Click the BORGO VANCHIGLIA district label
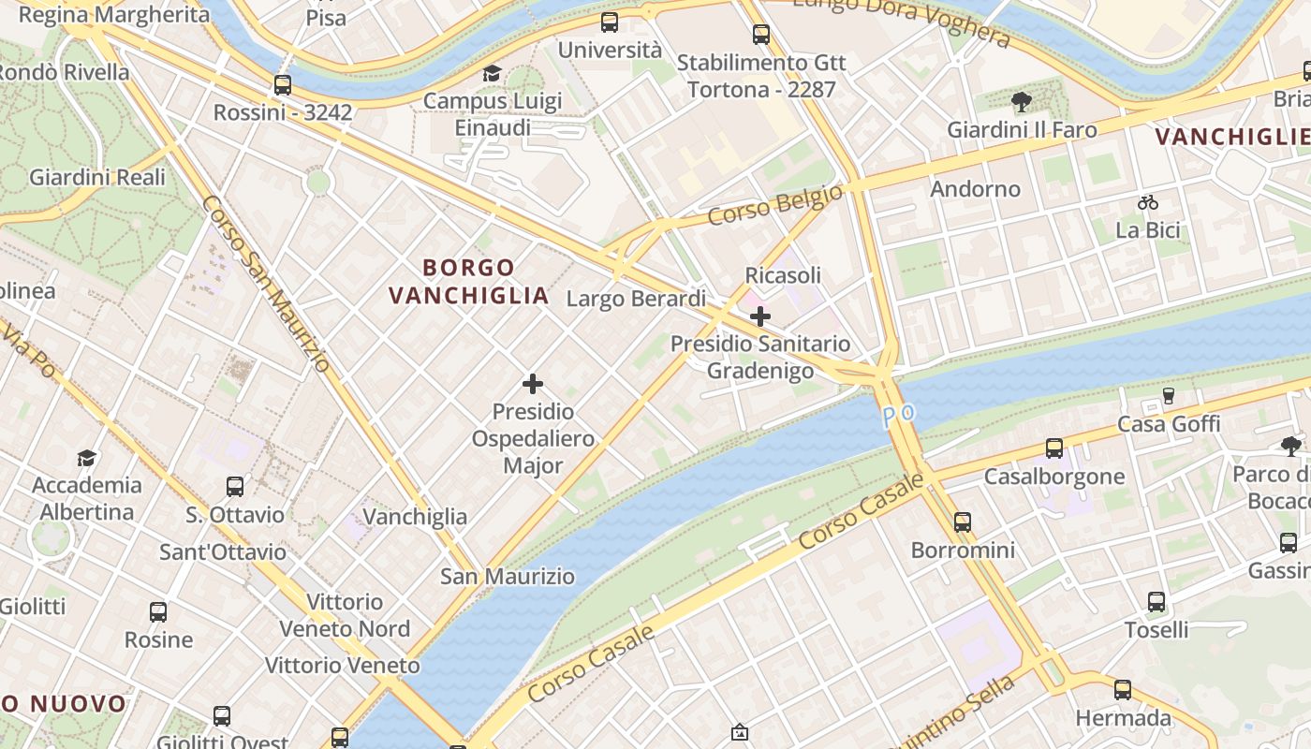(468, 282)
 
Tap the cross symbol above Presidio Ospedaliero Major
(533, 384)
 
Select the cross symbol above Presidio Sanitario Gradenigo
(760, 316)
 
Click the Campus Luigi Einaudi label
(493, 114)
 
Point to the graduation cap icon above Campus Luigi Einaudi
(492, 74)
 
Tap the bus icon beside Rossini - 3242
(283, 85)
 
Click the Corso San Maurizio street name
(266, 284)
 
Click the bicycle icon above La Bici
(1147, 202)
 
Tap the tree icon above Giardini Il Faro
(1021, 102)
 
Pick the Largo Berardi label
(636, 299)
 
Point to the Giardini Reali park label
(97, 177)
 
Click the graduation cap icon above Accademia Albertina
(87, 458)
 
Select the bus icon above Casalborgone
(1054, 448)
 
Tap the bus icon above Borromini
(963, 522)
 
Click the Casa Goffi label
(1169, 424)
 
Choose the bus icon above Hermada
(1123, 691)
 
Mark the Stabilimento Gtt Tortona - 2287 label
(760, 76)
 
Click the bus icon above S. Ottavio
(235, 487)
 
